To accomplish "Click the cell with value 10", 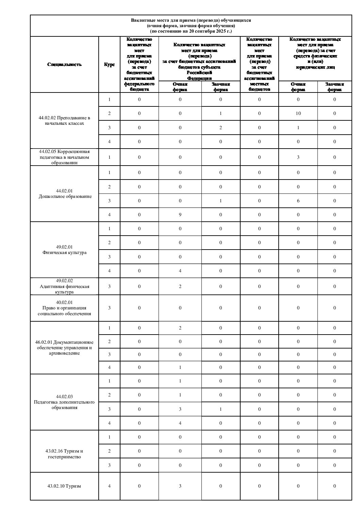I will pyautogui.click(x=298, y=114).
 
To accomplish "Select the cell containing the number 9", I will pyautogui.click(x=180, y=215).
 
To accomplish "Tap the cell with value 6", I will pyautogui.click(x=298, y=201).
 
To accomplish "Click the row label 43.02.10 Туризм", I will pyautogui.click(x=64, y=486).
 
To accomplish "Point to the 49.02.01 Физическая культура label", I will pyautogui.click(x=64, y=250).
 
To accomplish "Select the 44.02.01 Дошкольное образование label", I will pyautogui.click(x=65, y=194).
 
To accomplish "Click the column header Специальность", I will pyautogui.click(x=65, y=65).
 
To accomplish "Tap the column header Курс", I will pyautogui.click(x=109, y=65).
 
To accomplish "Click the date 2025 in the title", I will pyautogui.click(x=221, y=31).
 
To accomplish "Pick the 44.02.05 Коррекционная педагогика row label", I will pyautogui.click(x=64, y=157).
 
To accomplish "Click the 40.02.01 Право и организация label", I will pyautogui.click(x=64, y=308).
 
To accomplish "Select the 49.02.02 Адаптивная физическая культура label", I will pyautogui.click(x=64, y=286).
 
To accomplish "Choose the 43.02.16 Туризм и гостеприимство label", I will pyautogui.click(x=64, y=454).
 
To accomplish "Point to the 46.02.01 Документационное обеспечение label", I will pyautogui.click(x=64, y=347).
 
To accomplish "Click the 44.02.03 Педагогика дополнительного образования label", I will pyautogui.click(x=64, y=402).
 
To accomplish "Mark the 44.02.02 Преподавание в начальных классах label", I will pyautogui.click(x=64, y=121).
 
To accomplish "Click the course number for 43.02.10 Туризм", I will pyautogui.click(x=109, y=486).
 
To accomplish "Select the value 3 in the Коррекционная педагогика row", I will pyautogui.click(x=298, y=157).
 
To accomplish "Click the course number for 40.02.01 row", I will pyautogui.click(x=109, y=308).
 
